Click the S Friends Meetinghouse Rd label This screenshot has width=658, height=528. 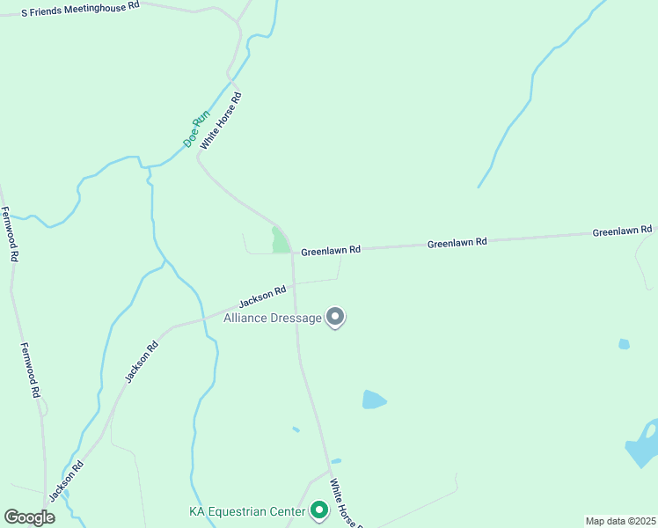pyautogui.click(x=80, y=5)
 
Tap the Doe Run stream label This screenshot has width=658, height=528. pyautogui.click(x=196, y=128)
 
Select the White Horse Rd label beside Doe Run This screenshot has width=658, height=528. pyautogui.click(x=220, y=121)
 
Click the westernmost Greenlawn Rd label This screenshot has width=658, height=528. pyautogui.click(x=331, y=251)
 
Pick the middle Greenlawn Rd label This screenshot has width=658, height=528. pyautogui.click(x=457, y=242)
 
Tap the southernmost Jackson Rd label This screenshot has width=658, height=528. pyautogui.click(x=66, y=480)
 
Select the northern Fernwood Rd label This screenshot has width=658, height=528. pyautogui.click(x=10, y=235)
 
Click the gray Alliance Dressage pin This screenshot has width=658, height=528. pyautogui.click(x=335, y=316)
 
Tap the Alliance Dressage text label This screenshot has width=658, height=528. pyautogui.click(x=273, y=318)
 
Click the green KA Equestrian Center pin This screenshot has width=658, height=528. pyautogui.click(x=318, y=510)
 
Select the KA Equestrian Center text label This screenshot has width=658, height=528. pyautogui.click(x=247, y=511)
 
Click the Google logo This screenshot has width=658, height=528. pyautogui.click(x=29, y=517)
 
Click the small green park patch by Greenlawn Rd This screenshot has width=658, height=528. pyautogui.click(x=280, y=240)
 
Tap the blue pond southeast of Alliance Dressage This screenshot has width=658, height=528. pyautogui.click(x=374, y=400)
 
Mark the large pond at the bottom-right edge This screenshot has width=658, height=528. pyautogui.click(x=643, y=446)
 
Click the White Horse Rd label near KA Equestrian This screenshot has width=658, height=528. pyautogui.click(x=344, y=503)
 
